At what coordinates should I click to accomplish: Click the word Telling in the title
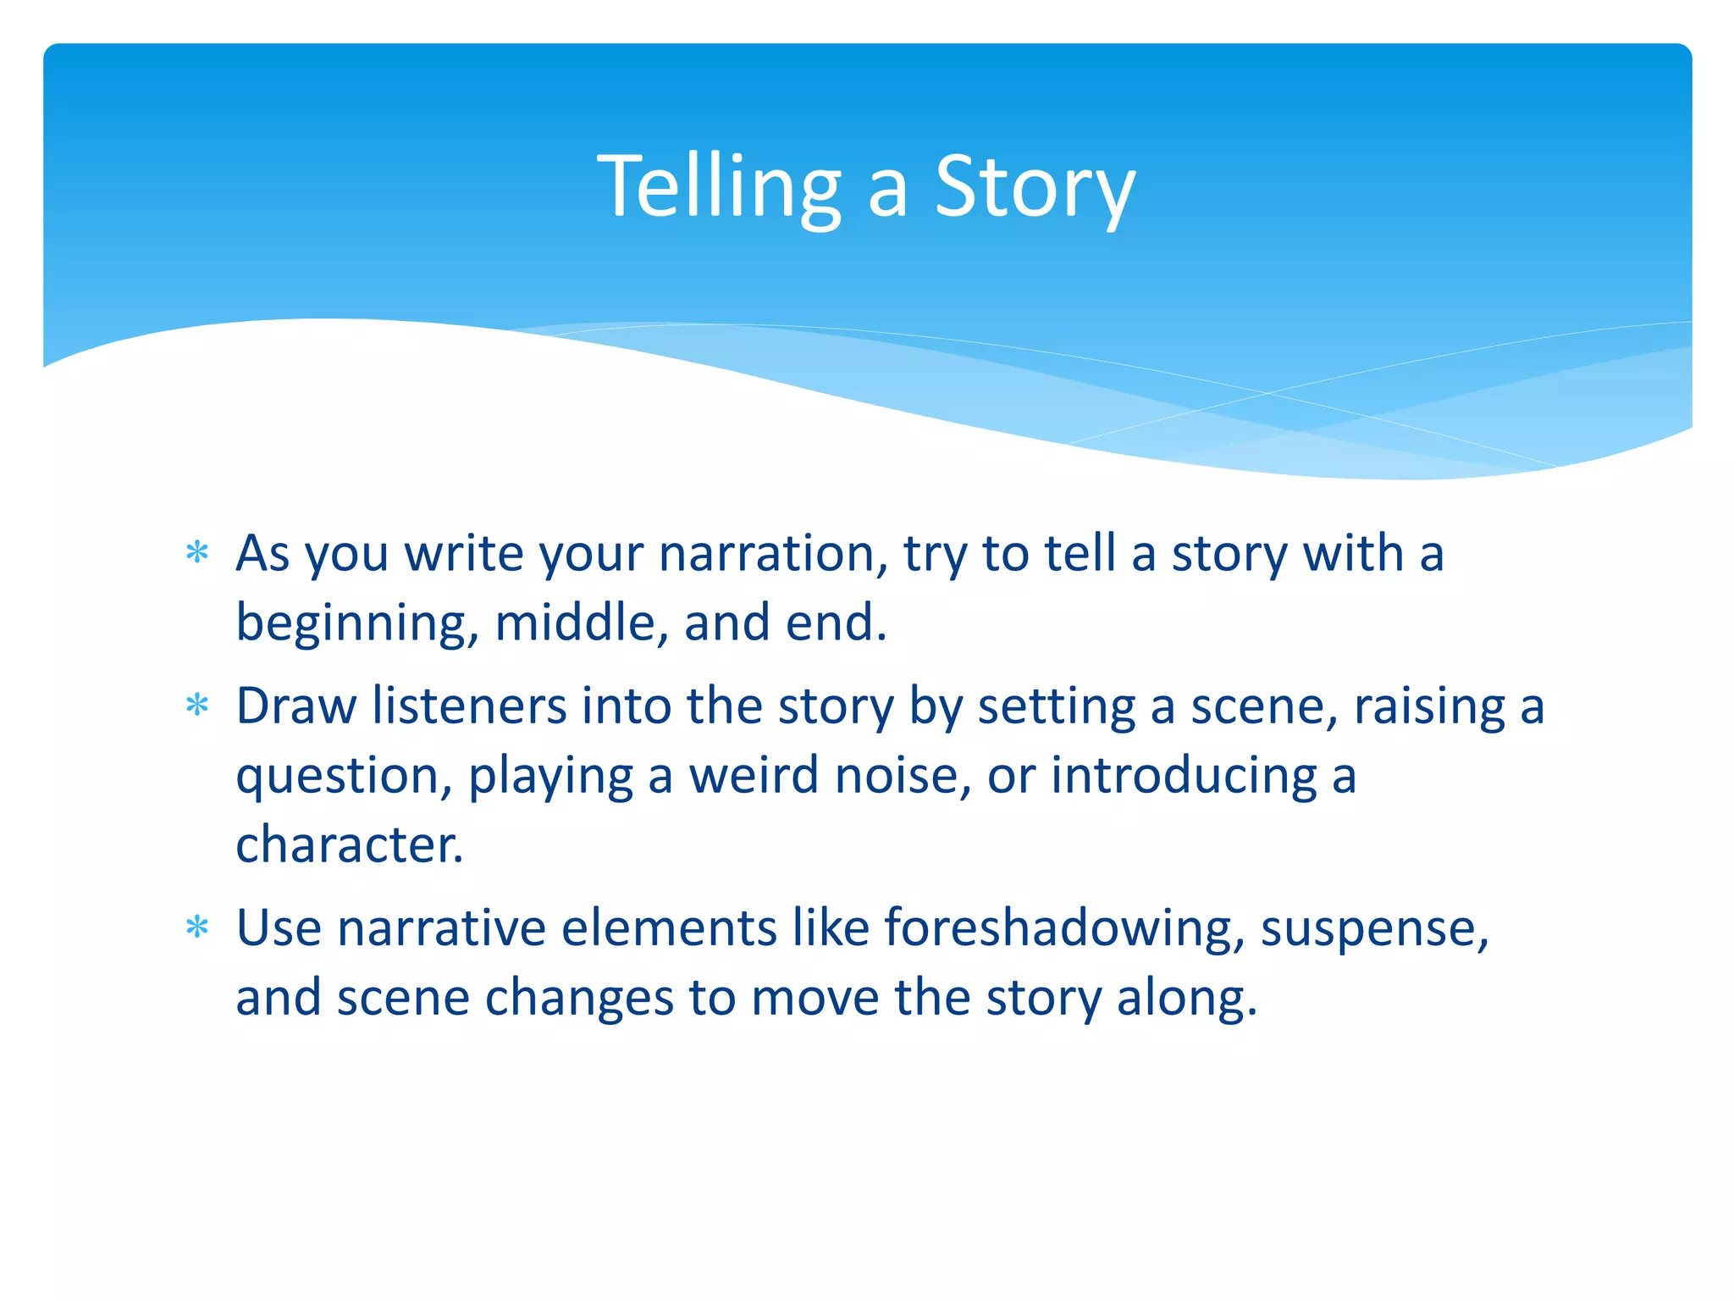coord(719,188)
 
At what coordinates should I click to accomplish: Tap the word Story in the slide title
coord(1034,188)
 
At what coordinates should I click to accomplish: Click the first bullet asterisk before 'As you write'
coord(197,554)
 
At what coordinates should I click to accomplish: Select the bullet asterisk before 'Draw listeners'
coord(197,706)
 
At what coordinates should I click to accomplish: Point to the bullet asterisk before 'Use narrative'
coord(197,927)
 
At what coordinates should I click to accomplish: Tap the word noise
coord(903,776)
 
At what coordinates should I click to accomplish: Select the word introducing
coord(1183,778)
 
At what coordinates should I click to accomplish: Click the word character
coord(349,845)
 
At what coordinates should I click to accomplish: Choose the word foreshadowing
coord(1063,929)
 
